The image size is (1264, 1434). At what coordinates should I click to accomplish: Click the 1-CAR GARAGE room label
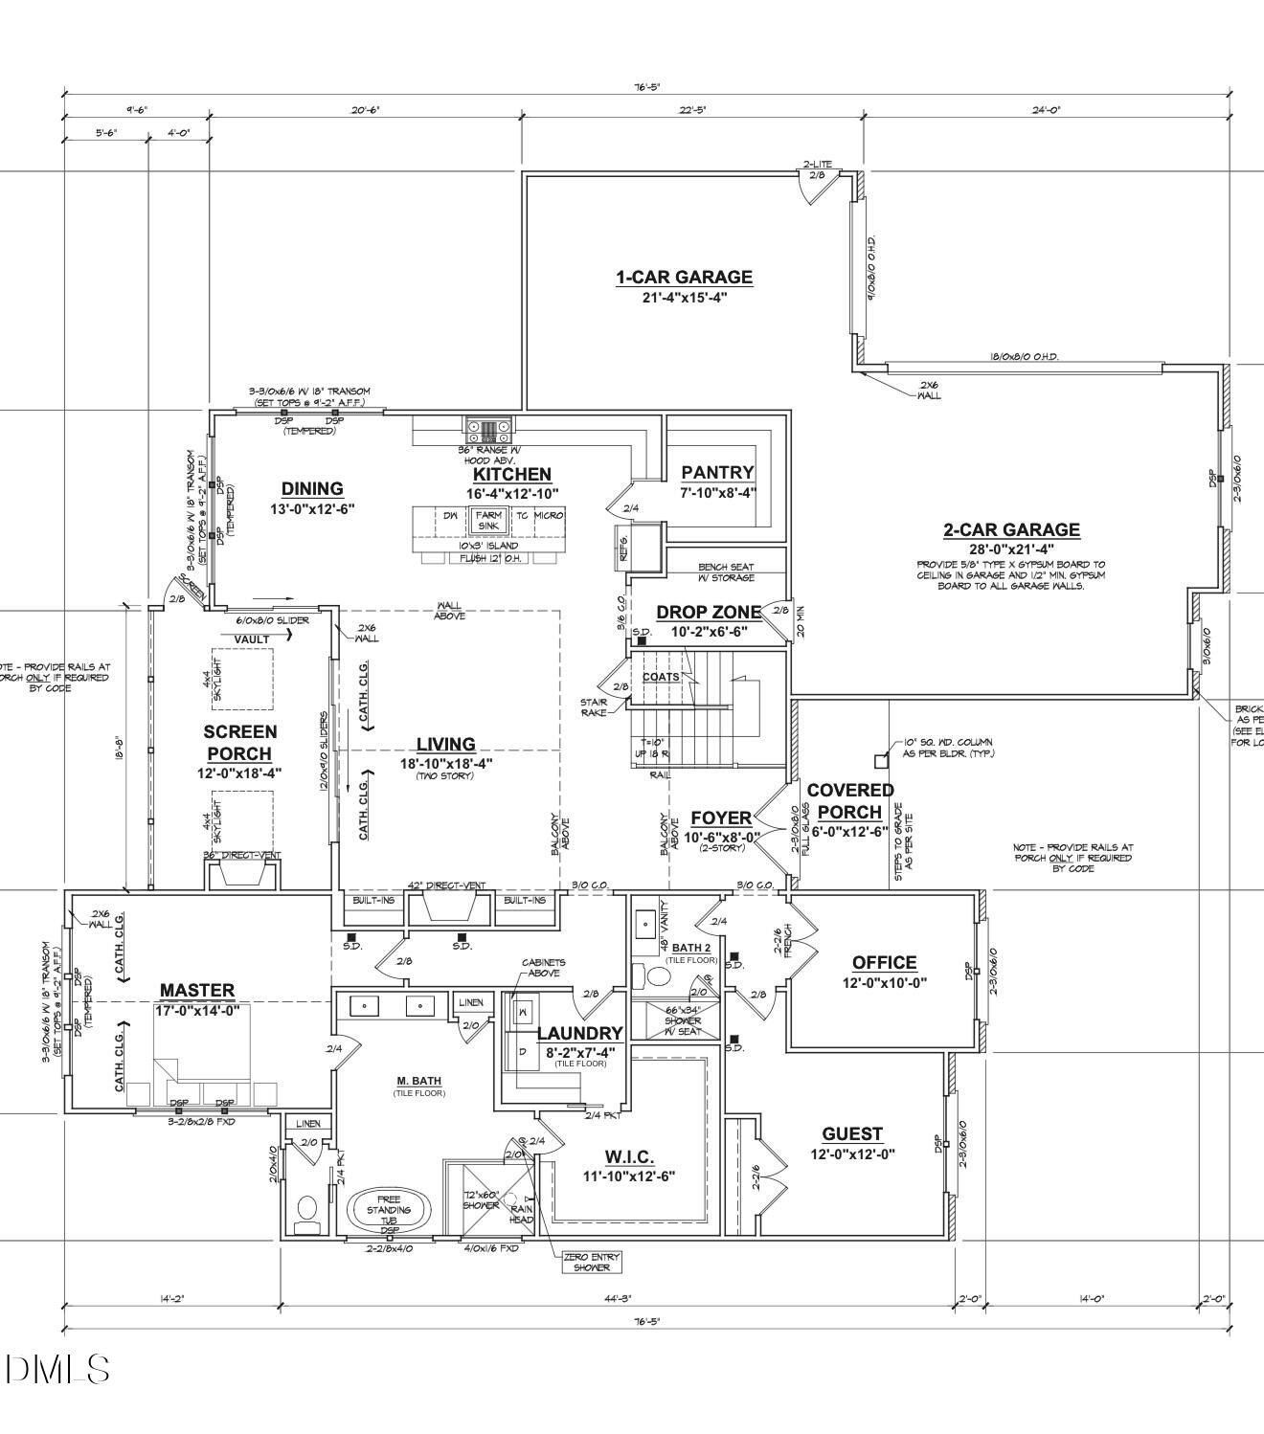(x=684, y=278)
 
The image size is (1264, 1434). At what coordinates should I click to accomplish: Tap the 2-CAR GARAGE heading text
(x=1011, y=529)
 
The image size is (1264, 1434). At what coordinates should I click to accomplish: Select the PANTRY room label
(x=717, y=472)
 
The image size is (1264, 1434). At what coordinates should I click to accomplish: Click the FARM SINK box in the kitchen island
(x=488, y=520)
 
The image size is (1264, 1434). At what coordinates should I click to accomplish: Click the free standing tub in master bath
(x=388, y=1210)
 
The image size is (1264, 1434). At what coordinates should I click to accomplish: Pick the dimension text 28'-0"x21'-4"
(x=1011, y=549)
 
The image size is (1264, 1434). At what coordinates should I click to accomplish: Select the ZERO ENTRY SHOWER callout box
(x=591, y=1262)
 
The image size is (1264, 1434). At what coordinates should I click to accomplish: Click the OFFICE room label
(x=884, y=962)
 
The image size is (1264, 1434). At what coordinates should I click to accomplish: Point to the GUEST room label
(x=851, y=1134)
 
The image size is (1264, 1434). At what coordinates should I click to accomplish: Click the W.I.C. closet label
(x=629, y=1157)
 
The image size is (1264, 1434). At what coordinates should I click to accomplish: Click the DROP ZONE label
(x=708, y=613)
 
